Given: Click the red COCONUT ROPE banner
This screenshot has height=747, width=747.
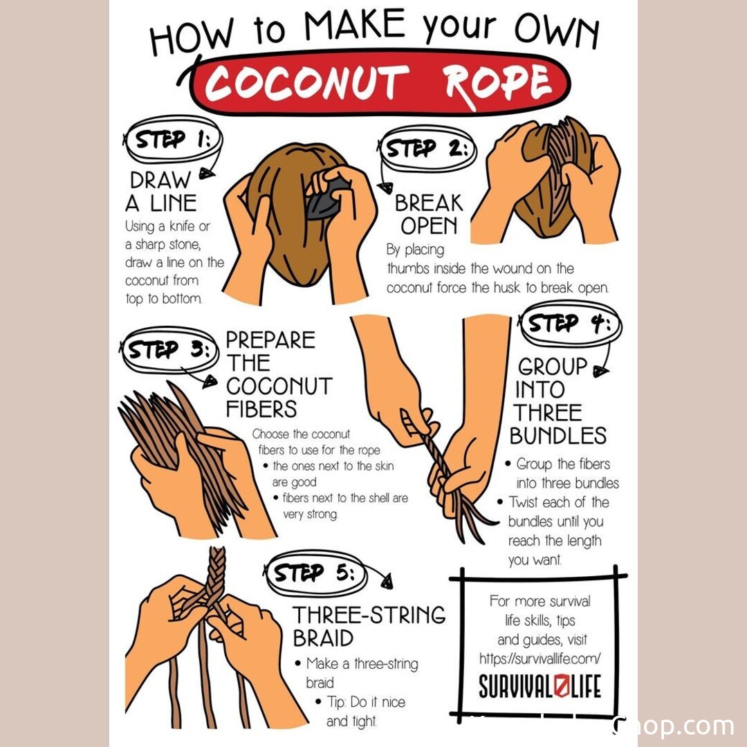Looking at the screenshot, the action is [379, 83].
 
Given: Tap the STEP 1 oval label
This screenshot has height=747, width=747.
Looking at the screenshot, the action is [174, 139].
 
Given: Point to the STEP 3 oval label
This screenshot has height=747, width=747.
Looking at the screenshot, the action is [169, 350].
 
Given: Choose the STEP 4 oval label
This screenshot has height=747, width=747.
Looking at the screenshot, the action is [571, 324].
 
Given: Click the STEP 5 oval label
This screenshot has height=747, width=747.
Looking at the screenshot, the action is [315, 573].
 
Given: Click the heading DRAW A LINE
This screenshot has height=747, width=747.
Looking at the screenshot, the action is [161, 192].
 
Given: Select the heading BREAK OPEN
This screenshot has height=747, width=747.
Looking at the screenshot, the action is [429, 214].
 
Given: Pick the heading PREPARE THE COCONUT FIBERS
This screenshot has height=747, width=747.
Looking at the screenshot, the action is [279, 374].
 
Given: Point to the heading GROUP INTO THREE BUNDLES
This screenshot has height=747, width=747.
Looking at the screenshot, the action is [557, 401].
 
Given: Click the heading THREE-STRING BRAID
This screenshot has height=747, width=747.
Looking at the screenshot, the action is [369, 627].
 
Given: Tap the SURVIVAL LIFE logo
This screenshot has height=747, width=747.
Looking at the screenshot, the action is [539, 687].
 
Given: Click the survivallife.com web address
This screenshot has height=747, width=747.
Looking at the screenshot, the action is [539, 659].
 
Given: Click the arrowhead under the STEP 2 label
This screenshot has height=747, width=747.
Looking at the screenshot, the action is [385, 187].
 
